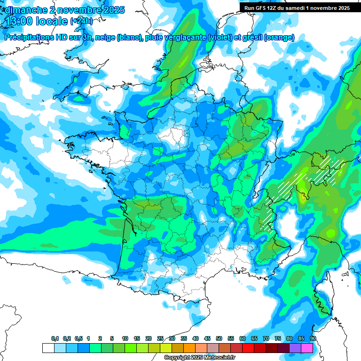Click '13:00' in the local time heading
19,21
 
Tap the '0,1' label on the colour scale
55,339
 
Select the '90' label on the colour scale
313,339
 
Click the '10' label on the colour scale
125,339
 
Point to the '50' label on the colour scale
219,339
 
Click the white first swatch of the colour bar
48,348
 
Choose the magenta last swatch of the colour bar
306,348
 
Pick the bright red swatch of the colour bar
248,348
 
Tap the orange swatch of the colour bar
189,348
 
